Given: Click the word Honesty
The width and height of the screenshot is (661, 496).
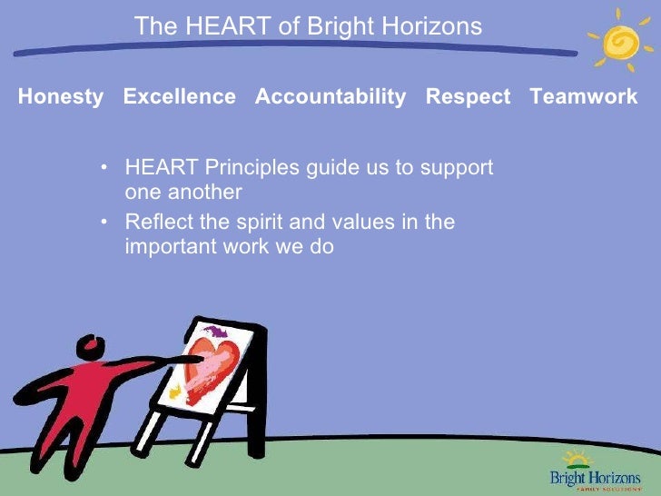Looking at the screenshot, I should tap(60, 97).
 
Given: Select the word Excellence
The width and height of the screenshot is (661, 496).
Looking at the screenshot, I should tap(179, 97).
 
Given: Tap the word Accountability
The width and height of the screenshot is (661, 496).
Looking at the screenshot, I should tap(330, 97).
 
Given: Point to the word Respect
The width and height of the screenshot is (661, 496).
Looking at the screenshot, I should tap(468, 97).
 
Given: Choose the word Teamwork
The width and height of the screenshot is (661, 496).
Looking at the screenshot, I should tap(583, 97).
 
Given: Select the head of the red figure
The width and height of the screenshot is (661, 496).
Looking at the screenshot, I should tap(90, 345).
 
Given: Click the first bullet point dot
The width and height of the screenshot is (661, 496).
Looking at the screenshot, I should tap(106, 168).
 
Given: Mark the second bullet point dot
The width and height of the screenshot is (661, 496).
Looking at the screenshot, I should tap(106, 222).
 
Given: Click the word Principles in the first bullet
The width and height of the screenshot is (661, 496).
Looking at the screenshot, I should tap(242, 168).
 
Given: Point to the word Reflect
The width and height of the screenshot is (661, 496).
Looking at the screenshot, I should tap(156, 222).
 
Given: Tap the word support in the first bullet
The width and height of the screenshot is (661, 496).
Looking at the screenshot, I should tap(455, 168).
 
